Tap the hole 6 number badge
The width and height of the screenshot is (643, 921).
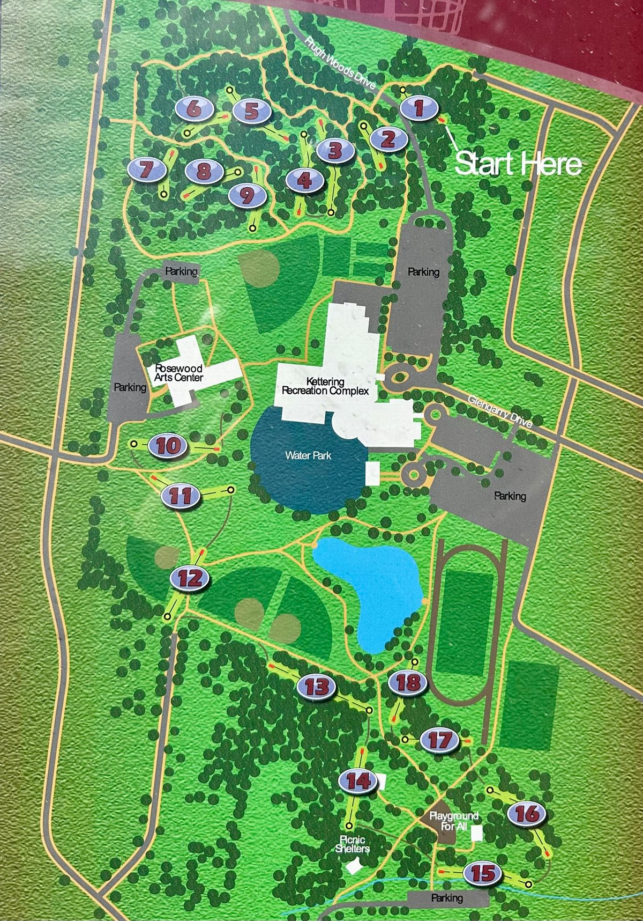click(x=194, y=109)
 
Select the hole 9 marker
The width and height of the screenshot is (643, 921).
click(x=247, y=195)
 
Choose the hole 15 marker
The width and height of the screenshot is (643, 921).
click(x=484, y=873)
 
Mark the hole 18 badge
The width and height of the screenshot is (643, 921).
click(x=408, y=682)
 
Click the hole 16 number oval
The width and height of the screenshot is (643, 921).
click(x=527, y=814)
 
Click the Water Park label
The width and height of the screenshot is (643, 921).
click(x=308, y=455)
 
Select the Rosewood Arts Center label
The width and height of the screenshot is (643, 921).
click(x=178, y=373)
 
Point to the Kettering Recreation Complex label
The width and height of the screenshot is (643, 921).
click(x=325, y=386)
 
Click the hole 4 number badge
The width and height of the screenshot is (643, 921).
click(x=305, y=180)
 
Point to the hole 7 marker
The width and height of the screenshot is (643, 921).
click(x=146, y=171)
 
